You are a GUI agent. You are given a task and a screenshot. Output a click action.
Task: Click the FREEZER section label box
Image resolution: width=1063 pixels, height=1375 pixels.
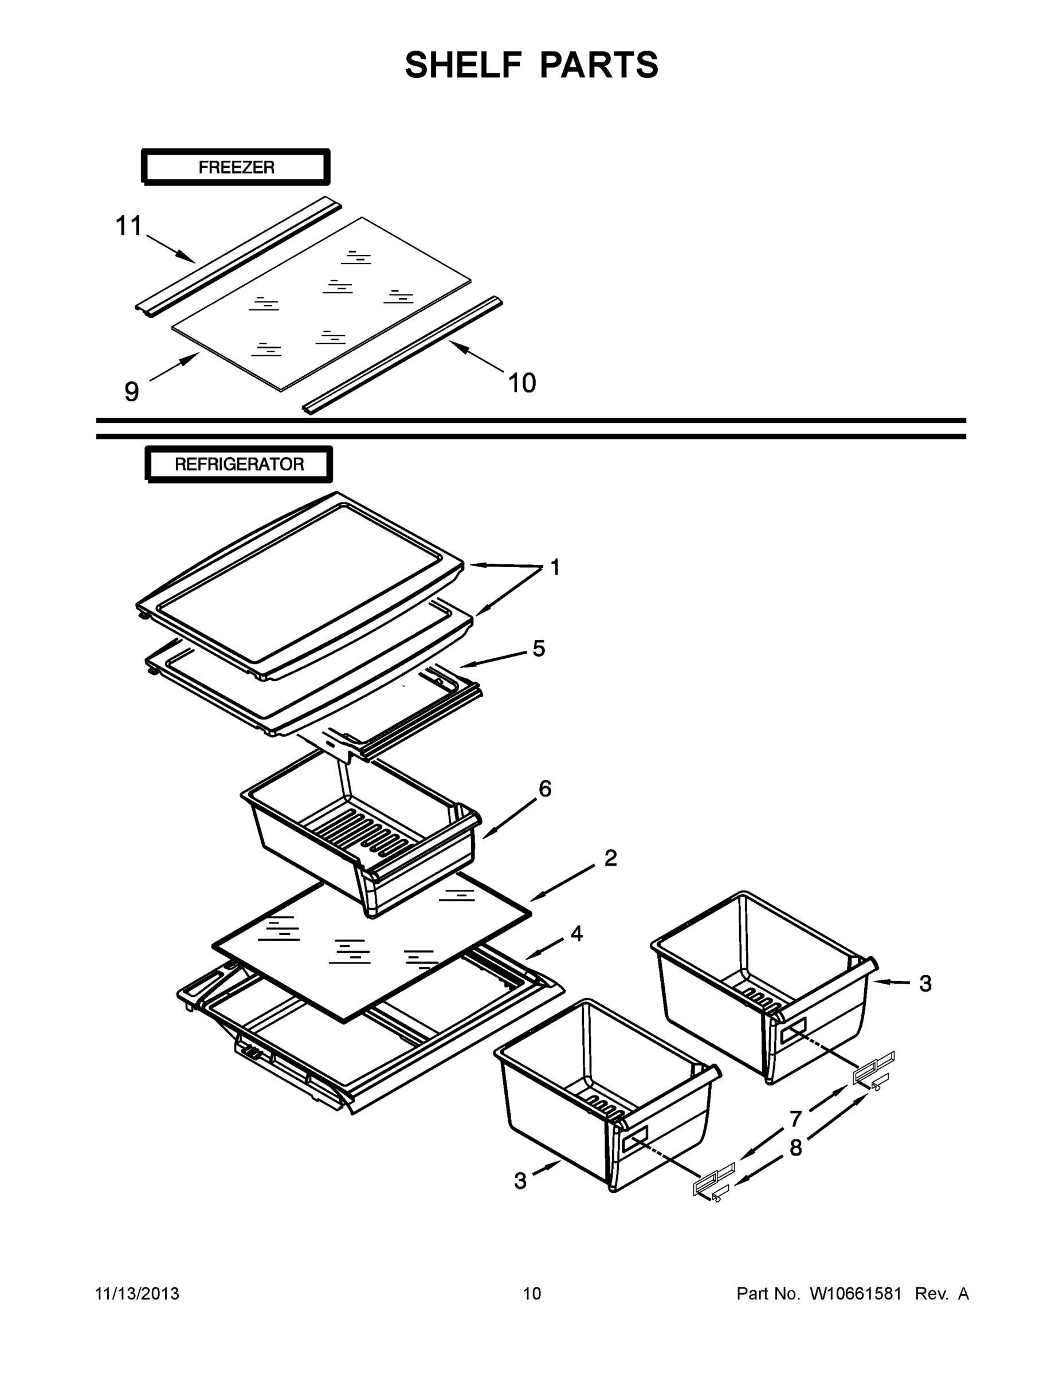(x=236, y=167)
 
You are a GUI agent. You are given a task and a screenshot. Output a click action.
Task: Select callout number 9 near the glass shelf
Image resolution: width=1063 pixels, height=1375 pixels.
(x=131, y=392)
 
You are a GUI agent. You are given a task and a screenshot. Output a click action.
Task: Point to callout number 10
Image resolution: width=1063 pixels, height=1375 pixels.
(x=521, y=383)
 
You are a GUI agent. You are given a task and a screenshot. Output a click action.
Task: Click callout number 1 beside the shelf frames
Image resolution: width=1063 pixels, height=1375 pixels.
(x=555, y=567)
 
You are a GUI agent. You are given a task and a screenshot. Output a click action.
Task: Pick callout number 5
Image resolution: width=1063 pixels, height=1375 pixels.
(x=539, y=648)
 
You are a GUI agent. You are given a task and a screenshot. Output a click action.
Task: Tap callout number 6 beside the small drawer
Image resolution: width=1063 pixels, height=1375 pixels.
(x=545, y=788)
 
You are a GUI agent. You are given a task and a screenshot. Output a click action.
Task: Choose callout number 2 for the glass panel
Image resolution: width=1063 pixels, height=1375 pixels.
(x=610, y=858)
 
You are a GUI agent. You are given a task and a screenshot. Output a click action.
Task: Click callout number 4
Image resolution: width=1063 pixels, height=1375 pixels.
(x=576, y=934)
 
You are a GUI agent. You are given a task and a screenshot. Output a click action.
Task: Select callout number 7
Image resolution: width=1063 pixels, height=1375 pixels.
(x=795, y=1119)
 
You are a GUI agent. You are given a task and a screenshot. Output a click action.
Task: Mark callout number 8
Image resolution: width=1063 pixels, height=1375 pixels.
(x=796, y=1148)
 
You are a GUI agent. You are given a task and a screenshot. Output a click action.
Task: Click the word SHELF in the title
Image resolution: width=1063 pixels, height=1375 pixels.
(x=464, y=65)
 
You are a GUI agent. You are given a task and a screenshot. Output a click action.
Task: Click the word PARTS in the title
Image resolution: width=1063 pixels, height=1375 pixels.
(x=599, y=65)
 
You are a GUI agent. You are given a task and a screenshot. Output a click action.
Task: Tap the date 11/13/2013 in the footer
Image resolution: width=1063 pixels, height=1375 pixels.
(x=136, y=1293)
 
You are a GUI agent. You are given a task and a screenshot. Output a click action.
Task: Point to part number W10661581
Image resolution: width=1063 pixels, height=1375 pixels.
(x=855, y=1293)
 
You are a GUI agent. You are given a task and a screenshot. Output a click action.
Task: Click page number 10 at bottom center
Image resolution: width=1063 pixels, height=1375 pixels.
(x=532, y=1293)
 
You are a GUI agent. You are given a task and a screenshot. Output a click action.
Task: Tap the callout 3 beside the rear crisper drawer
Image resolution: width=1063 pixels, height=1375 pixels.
(x=924, y=983)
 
